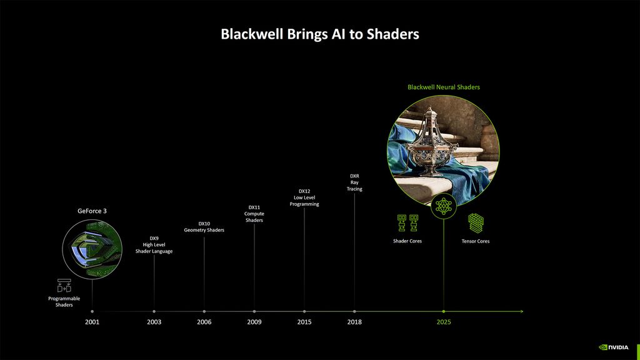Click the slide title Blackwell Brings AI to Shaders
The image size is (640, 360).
(x=319, y=34)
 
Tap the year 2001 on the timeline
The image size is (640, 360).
(x=92, y=322)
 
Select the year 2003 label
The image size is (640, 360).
(x=154, y=322)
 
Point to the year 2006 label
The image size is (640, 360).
(x=204, y=322)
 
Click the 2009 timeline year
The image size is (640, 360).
(x=254, y=322)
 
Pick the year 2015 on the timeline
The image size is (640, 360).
(x=304, y=322)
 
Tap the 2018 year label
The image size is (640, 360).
(x=354, y=322)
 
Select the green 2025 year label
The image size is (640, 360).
(x=444, y=322)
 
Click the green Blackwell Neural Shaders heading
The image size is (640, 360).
(x=444, y=87)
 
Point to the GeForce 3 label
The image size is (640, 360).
(x=92, y=211)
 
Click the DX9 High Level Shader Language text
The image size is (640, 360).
(x=154, y=244)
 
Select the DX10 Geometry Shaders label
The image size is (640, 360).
(x=204, y=227)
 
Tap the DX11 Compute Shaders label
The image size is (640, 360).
(x=254, y=214)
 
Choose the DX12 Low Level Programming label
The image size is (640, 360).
(x=304, y=197)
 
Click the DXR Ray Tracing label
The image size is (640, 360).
(x=354, y=182)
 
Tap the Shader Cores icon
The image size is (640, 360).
(x=407, y=223)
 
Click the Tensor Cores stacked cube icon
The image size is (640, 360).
(x=476, y=223)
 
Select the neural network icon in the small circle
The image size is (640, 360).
(x=444, y=206)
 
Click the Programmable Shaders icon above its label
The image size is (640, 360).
(x=64, y=286)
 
